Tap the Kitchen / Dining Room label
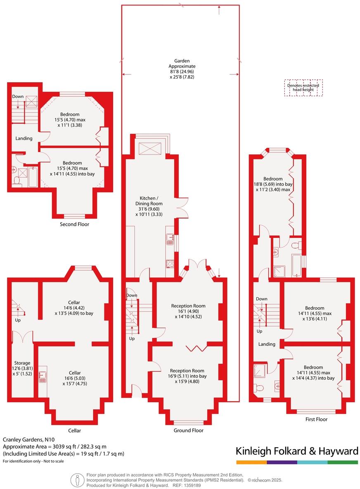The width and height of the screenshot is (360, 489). [x=149, y=203]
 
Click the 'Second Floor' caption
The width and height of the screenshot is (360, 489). [x=74, y=224]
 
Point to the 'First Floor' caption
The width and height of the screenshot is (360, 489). [x=316, y=419]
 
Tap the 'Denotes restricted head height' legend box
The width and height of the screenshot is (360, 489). [x=303, y=88]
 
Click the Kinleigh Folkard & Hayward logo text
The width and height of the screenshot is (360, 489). [x=296, y=451]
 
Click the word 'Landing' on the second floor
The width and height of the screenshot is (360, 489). [x=24, y=138]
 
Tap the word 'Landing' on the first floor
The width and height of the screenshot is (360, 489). [x=267, y=344]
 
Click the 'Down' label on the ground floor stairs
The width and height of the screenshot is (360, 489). [x=132, y=295]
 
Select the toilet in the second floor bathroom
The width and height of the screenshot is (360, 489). [x=17, y=181]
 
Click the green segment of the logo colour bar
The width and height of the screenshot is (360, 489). [x=343, y=462]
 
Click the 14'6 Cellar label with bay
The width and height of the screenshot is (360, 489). [x=74, y=308]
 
